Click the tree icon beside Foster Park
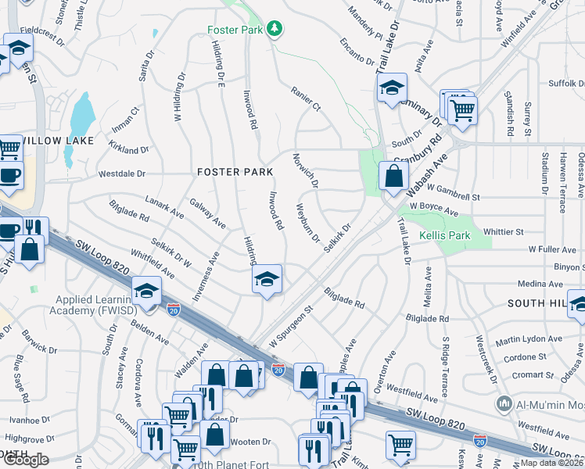[275, 30]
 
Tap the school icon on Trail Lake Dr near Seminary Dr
[392, 88]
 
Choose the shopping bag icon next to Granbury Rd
[392, 176]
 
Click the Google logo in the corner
[26, 460]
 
